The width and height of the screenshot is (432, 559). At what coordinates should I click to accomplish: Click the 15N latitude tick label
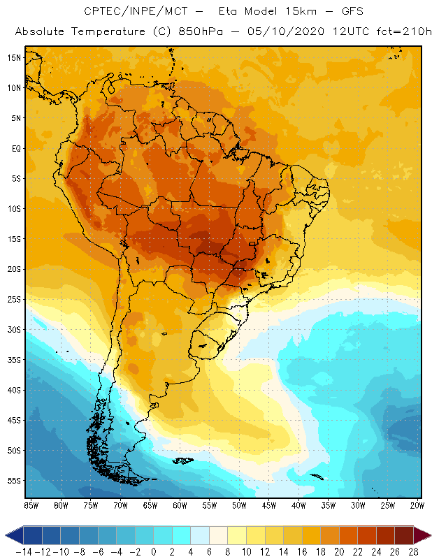click(15, 57)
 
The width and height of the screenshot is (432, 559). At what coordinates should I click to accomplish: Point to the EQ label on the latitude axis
click(16, 148)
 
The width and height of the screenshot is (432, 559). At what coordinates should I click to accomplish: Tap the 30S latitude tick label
click(15, 329)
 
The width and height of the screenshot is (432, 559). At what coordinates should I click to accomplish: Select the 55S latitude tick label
click(15, 481)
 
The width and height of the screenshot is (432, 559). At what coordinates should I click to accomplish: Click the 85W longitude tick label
click(31, 505)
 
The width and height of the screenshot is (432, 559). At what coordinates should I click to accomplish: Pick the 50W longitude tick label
click(239, 505)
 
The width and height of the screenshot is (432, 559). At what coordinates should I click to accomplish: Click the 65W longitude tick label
click(150, 505)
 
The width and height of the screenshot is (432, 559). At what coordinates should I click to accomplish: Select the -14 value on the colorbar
click(23, 552)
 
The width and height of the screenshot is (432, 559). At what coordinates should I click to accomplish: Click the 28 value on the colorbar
click(414, 552)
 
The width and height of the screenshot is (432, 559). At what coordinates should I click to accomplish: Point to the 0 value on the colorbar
click(154, 552)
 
